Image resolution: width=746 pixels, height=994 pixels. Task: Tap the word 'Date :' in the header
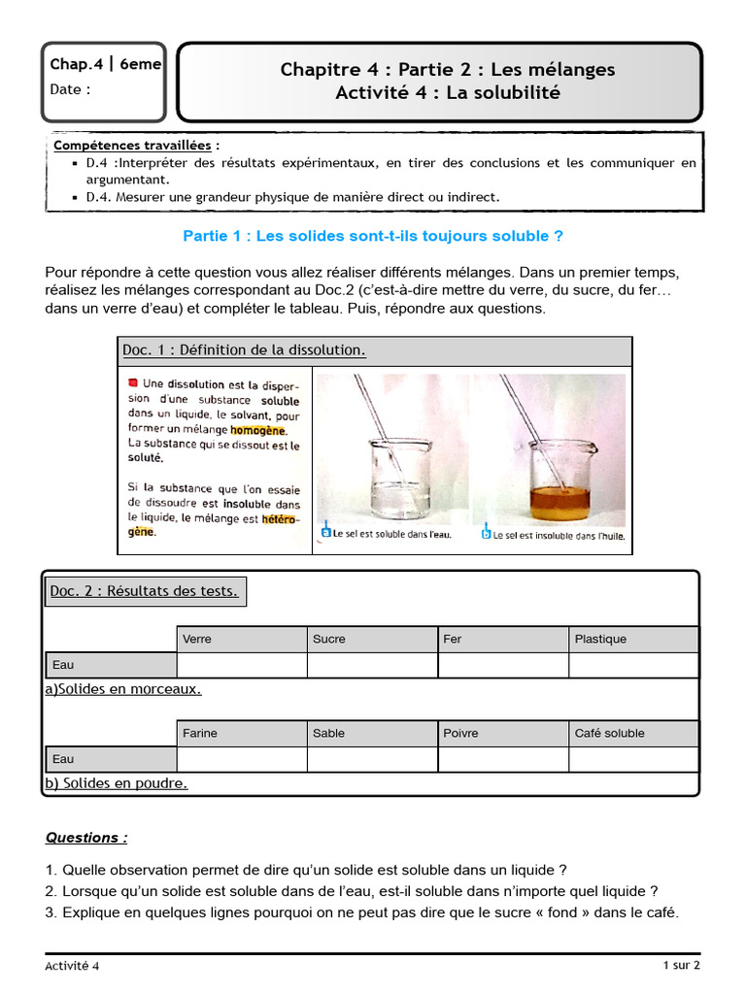71,89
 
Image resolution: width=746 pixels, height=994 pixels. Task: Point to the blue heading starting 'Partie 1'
372,236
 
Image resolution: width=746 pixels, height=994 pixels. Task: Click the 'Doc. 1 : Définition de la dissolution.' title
244,349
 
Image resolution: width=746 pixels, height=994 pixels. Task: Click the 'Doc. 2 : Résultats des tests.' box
145,590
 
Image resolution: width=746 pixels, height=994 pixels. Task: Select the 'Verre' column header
241,639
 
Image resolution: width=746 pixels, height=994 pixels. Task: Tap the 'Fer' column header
502,639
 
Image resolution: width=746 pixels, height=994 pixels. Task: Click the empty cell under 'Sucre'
372,665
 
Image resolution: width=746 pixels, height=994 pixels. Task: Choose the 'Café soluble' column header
632,733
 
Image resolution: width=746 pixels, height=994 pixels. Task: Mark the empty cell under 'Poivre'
502,759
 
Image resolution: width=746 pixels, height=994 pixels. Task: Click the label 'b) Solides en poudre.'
117,783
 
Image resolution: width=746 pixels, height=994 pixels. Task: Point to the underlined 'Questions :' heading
86,837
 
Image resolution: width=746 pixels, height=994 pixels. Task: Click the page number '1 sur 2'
681,965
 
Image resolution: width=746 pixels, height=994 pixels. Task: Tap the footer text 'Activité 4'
72,966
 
